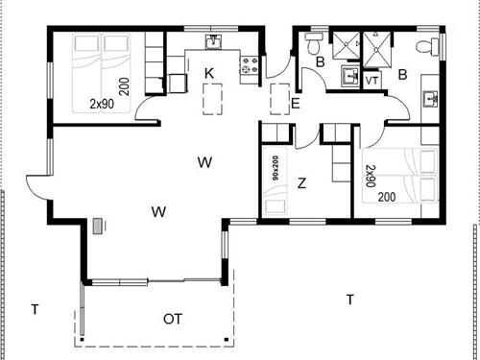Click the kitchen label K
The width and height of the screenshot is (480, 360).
207,72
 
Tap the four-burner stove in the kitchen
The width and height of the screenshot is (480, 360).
251,64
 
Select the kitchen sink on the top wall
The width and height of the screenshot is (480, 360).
215,41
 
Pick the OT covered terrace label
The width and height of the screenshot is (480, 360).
173,318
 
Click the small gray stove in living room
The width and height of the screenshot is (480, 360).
98,227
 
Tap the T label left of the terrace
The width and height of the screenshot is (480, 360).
34,308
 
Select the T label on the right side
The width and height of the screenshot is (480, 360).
350,300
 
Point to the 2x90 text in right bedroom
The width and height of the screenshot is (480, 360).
371,174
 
